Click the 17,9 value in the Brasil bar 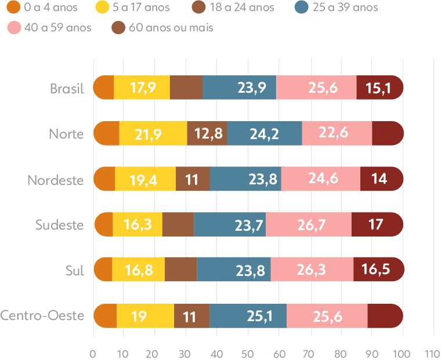(143, 88)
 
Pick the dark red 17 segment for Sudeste (376, 224)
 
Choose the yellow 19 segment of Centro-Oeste (139, 316)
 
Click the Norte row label (66, 134)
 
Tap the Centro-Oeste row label (42, 316)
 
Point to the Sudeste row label (59, 225)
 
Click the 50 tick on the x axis (248, 353)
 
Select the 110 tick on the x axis (432, 353)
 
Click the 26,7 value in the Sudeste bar (308, 224)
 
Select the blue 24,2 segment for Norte (265, 134)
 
